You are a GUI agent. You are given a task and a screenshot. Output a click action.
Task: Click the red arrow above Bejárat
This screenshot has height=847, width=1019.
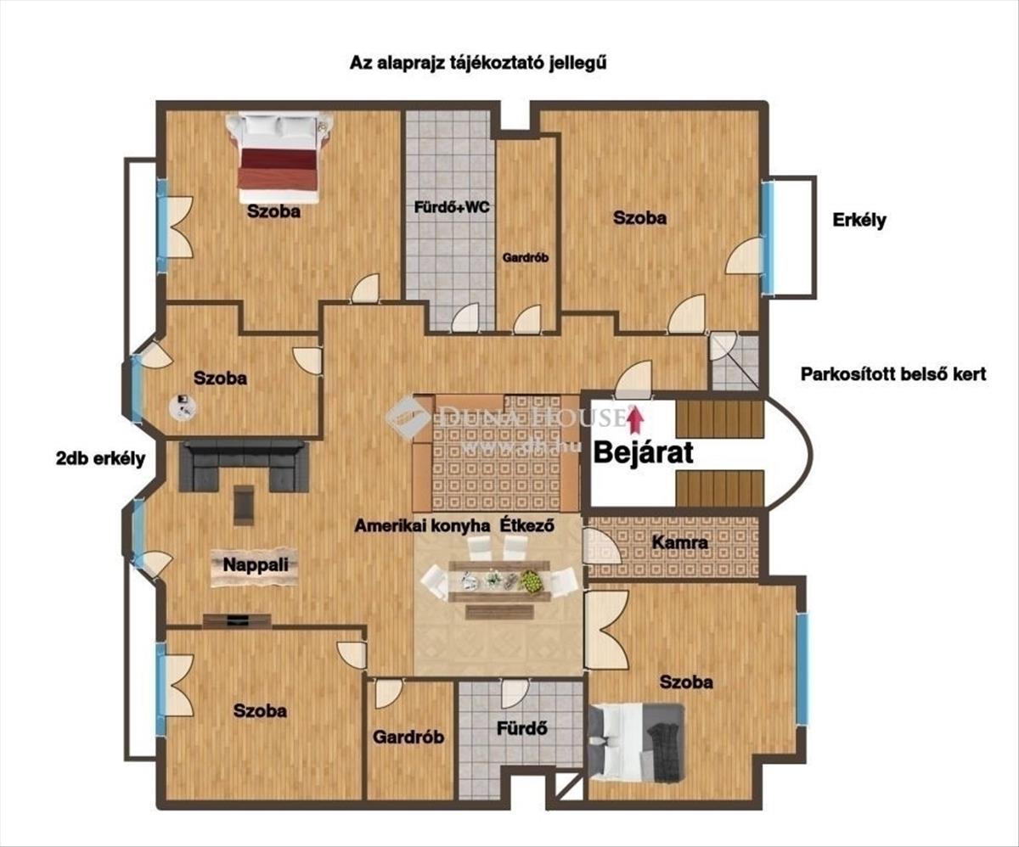635,418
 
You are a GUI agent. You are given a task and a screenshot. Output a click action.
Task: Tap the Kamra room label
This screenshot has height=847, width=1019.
679,542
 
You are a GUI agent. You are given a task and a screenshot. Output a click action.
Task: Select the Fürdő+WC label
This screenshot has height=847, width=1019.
452,207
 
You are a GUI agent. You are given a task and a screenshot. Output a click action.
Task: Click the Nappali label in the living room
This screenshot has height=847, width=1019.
256,564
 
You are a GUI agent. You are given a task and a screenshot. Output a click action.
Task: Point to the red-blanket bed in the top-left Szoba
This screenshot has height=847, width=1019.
279,158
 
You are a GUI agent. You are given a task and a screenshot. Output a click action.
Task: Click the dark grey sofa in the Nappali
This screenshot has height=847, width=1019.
244,466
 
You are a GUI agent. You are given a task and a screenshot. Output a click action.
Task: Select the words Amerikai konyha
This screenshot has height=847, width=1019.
422,526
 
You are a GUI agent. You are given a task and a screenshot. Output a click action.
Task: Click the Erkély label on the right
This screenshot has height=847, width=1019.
859,220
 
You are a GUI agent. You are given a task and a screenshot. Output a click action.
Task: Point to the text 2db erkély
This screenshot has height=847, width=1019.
100,459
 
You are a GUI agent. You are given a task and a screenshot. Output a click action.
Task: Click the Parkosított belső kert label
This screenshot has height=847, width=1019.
893,374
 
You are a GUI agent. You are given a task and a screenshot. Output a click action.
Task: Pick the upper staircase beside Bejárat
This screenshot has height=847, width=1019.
719,418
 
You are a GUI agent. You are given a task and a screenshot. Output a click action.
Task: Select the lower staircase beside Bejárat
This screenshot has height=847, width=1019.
719,488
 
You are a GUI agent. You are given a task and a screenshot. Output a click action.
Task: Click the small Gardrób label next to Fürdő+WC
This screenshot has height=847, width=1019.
526,258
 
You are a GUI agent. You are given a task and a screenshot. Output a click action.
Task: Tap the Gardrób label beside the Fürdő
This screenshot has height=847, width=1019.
408,737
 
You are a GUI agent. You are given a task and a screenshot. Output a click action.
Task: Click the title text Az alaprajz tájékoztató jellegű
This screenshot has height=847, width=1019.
478,64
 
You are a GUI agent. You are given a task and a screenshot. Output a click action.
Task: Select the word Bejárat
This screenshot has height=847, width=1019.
643,452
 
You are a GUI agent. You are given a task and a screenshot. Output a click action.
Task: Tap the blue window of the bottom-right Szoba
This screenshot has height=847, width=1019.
802,669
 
